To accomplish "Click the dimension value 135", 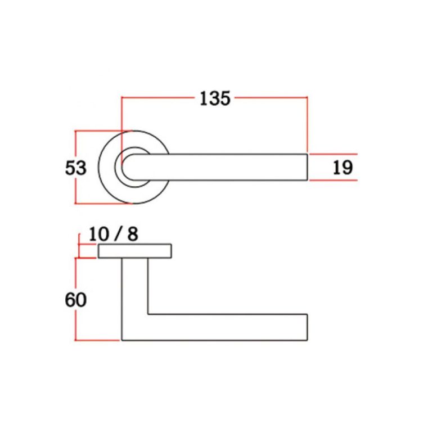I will pyautogui.click(x=215, y=98).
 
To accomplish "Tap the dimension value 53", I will pyautogui.click(x=75, y=168).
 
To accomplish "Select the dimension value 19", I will pyautogui.click(x=342, y=167).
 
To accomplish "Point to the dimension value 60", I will pyautogui.click(x=75, y=300).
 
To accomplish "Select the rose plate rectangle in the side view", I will pyautogui.click(x=135, y=251).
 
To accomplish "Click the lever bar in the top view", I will pyautogui.click(x=236, y=167).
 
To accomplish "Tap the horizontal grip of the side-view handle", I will pyautogui.click(x=236, y=327).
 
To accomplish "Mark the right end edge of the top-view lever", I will pyautogui.click(x=307, y=167).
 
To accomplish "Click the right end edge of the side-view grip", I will pyautogui.click(x=307, y=327).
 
